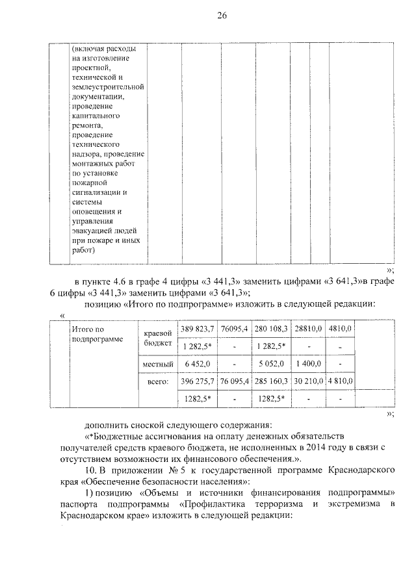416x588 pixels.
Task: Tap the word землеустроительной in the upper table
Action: pos(107,86)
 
